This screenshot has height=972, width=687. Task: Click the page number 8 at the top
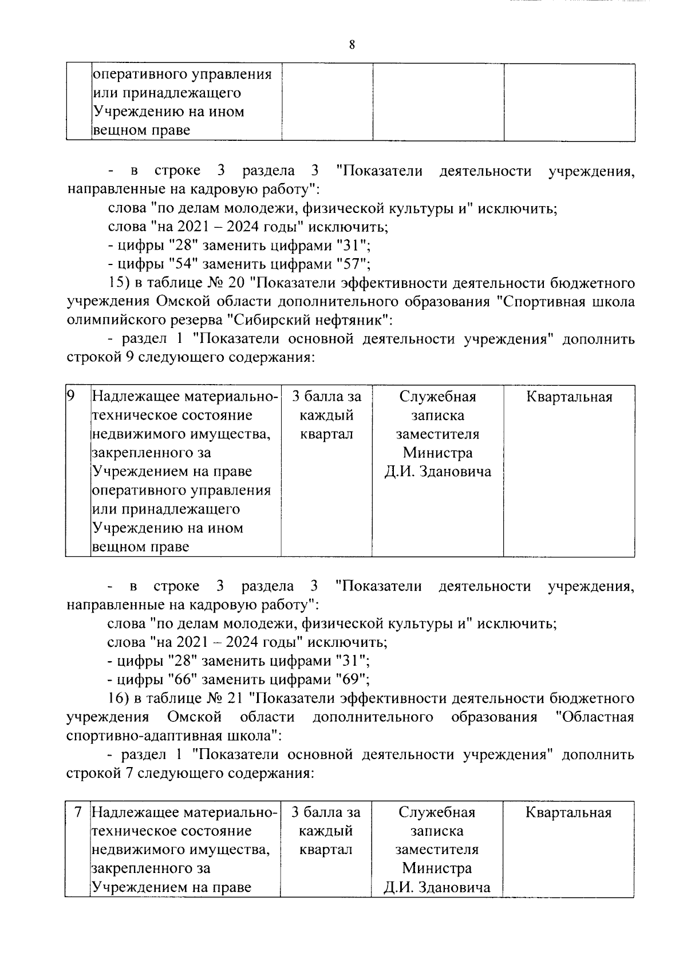(x=352, y=45)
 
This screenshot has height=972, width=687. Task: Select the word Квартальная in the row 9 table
(x=569, y=397)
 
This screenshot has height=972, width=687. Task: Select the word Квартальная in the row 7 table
(x=568, y=812)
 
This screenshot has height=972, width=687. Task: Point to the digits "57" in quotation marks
(x=349, y=264)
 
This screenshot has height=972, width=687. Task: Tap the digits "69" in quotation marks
(x=349, y=680)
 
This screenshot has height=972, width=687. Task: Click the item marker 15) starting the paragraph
(x=118, y=283)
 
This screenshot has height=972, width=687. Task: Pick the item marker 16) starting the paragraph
(x=118, y=699)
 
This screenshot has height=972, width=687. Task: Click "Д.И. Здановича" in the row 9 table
(x=437, y=472)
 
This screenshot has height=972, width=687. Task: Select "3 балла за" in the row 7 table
(x=326, y=812)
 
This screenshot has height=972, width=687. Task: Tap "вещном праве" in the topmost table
(x=141, y=131)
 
